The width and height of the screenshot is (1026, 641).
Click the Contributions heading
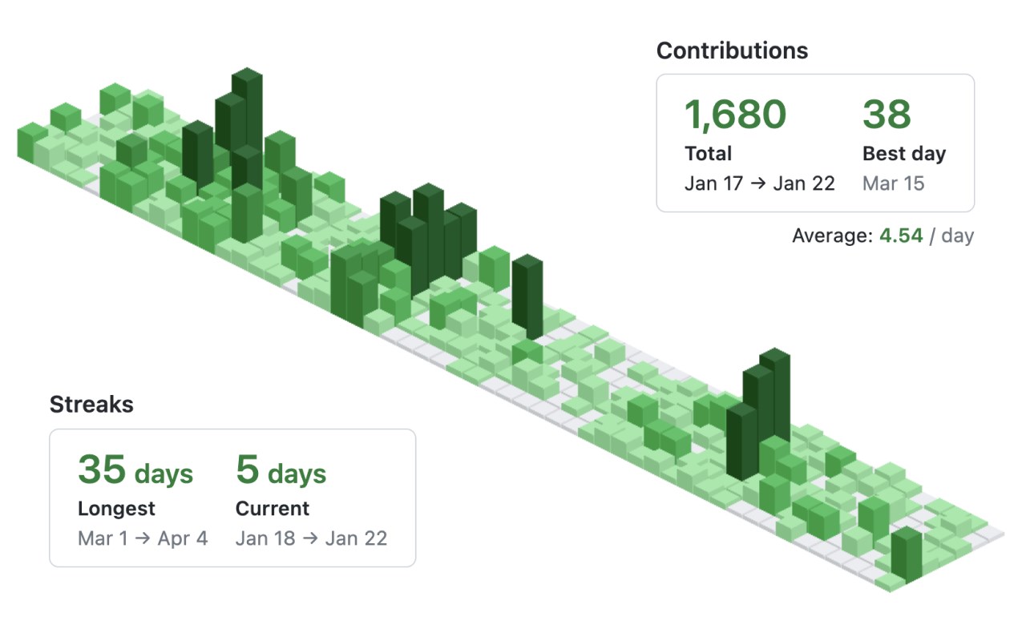tap(732, 50)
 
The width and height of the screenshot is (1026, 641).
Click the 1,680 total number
tap(735, 115)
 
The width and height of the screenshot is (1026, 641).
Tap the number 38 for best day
tap(887, 115)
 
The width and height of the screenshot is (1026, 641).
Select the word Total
tap(708, 153)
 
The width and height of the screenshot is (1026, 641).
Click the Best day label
tap(903, 153)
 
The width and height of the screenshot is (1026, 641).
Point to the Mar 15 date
tap(893, 183)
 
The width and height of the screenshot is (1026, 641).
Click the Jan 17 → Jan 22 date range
tap(759, 183)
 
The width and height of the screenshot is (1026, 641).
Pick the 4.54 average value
tap(901, 236)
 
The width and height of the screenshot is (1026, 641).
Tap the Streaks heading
tap(91, 405)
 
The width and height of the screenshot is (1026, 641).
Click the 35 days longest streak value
tap(135, 470)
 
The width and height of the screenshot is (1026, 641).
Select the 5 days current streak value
tap(281, 470)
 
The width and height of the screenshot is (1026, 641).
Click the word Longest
tap(116, 508)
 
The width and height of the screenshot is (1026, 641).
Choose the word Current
tap(273, 508)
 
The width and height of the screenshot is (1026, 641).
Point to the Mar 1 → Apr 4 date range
tap(143, 538)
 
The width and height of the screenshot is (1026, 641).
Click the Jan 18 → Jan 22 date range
tap(311, 538)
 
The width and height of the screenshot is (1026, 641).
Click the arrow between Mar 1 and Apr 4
tap(142, 538)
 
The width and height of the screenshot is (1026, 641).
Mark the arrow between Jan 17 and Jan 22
tap(757, 183)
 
